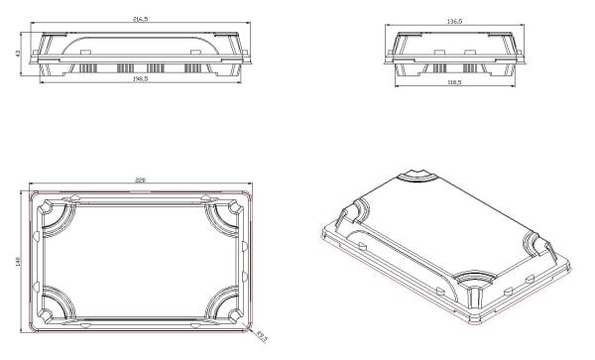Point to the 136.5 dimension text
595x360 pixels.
(456, 20)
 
